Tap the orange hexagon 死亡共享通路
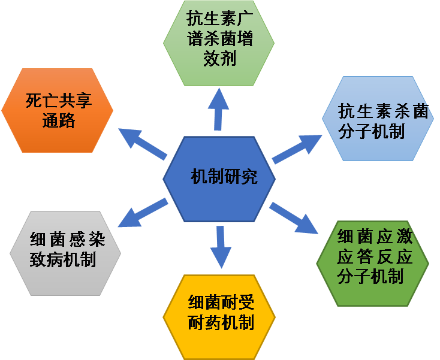[x=58, y=111]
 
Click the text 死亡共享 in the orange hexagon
[x=58, y=101]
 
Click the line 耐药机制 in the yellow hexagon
[x=221, y=323]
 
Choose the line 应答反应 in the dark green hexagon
[x=375, y=257]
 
